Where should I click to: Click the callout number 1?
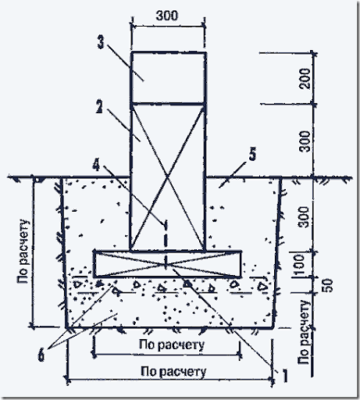tap(285, 376)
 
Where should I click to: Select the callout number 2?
tap(99, 106)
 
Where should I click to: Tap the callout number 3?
tap(101, 42)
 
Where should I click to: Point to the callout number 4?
tap(96, 164)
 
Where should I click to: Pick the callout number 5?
tap(252, 154)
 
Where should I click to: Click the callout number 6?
tap(41, 355)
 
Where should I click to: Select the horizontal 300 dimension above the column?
tap(167, 16)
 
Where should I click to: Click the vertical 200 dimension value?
tap(305, 79)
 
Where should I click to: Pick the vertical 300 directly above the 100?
tap(304, 217)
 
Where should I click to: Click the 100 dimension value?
tap(298, 265)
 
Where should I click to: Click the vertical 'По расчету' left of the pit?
tap(23, 252)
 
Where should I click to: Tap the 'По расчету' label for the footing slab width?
tap(172, 345)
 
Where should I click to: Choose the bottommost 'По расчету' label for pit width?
tap(173, 372)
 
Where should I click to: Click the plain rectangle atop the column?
tap(169, 78)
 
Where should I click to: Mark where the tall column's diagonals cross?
tap(168, 177)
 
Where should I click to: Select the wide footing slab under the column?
tap(167, 264)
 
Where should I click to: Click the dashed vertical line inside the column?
tap(166, 245)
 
